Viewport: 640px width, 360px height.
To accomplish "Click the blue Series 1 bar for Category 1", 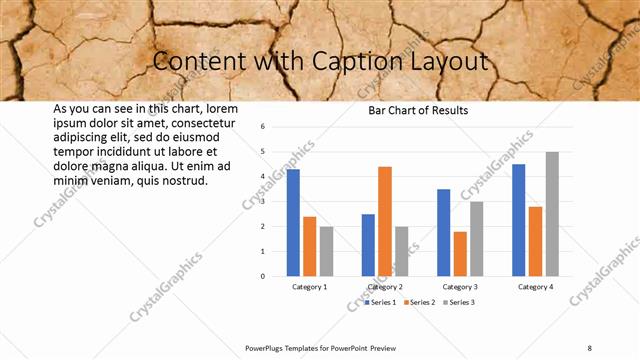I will (x=293, y=223).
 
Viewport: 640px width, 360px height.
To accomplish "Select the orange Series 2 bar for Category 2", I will (x=385, y=221).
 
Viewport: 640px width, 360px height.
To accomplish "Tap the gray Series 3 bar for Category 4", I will (x=552, y=214).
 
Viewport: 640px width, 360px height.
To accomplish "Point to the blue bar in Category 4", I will (x=518, y=220).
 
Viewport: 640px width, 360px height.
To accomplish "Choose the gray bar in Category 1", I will (x=326, y=251).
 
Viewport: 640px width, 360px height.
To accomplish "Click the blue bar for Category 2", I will (x=368, y=245).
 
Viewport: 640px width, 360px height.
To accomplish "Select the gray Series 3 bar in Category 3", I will (x=477, y=239).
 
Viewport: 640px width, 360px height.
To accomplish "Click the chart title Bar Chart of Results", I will (x=418, y=110).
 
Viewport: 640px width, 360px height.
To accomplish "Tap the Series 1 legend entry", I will (x=381, y=301).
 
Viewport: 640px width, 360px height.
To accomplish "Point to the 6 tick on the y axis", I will (x=262, y=127).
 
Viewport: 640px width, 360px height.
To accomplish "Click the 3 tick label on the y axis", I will (x=262, y=201).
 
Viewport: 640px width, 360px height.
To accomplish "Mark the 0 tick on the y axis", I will (x=262, y=276).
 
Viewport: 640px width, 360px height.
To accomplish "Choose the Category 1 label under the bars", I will (x=309, y=287).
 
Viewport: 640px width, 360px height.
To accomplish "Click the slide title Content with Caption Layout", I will (x=320, y=62).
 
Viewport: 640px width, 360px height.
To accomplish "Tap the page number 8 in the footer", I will (x=590, y=347).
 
